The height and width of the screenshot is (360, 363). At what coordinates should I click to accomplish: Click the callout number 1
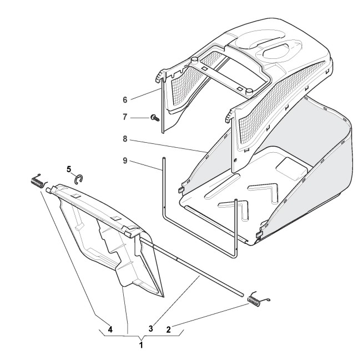click(141, 345)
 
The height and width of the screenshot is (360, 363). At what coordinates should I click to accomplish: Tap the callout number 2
click(168, 329)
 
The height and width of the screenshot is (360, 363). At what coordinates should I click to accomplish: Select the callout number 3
click(151, 328)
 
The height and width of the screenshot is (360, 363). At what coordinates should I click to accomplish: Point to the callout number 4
click(110, 329)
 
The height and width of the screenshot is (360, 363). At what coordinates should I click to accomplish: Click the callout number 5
click(69, 169)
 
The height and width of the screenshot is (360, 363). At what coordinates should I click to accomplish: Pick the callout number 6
click(125, 100)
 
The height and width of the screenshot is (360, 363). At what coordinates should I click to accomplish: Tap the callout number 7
click(125, 117)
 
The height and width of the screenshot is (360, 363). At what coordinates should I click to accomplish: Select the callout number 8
click(125, 139)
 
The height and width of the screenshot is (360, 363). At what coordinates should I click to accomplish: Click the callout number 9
click(125, 161)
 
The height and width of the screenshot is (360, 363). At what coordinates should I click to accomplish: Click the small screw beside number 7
click(155, 118)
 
